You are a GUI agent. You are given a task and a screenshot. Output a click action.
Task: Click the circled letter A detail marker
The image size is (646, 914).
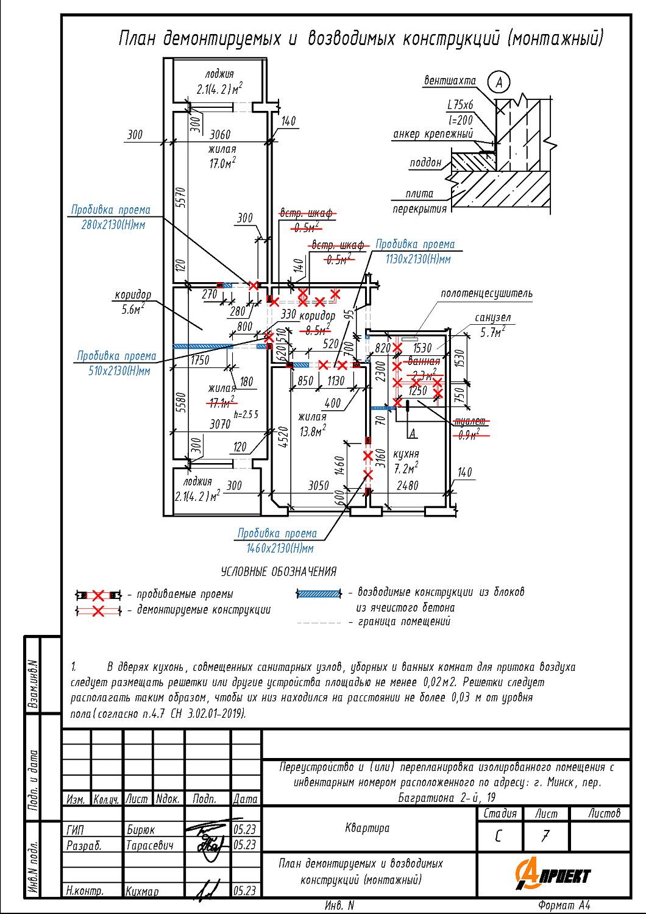pyautogui.click(x=499, y=82)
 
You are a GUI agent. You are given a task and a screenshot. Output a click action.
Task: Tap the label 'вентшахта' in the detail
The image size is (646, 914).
pyautogui.click(x=450, y=80)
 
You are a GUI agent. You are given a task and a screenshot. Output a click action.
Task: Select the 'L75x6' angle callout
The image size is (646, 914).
pyautogui.click(x=460, y=105)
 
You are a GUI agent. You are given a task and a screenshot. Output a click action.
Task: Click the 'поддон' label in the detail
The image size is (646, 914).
pyautogui.click(x=425, y=163)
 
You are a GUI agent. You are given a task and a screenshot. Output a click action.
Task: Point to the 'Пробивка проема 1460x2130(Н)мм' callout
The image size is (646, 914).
pyautogui.click(x=278, y=540)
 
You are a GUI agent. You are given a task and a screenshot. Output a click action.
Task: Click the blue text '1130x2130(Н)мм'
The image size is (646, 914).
pyautogui.click(x=418, y=259)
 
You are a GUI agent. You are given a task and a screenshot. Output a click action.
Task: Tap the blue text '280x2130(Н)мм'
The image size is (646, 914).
pyautogui.click(x=113, y=225)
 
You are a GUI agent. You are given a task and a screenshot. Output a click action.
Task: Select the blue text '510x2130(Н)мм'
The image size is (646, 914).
pyautogui.click(x=119, y=370)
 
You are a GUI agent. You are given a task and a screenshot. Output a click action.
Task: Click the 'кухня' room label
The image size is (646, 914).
pyautogui.click(x=406, y=454)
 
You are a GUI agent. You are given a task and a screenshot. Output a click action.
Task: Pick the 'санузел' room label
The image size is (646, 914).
pyautogui.click(x=492, y=317)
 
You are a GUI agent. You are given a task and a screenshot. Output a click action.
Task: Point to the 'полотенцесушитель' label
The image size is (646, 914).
pyautogui.click(x=486, y=294)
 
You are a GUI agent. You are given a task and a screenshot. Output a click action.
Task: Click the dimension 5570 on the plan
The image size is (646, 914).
pyautogui.click(x=181, y=197)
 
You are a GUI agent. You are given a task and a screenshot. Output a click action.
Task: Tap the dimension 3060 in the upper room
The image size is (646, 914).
pyautogui.click(x=220, y=135)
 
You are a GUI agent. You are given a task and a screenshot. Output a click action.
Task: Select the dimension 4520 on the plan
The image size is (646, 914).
pyautogui.click(x=283, y=437)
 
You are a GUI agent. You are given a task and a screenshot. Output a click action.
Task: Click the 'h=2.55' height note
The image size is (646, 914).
pyautogui.click(x=246, y=414)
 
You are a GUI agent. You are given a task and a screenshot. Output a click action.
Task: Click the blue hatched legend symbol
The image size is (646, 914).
pyautogui.click(x=319, y=593)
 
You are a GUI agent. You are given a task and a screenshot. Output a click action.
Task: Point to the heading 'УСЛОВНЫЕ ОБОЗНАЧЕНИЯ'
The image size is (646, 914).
pyautogui.click(x=279, y=572)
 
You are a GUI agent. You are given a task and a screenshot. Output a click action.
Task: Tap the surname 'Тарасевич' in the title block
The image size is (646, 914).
pyautogui.click(x=149, y=845)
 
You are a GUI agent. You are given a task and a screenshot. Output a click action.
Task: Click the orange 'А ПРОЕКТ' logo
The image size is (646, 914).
pyautogui.click(x=553, y=874)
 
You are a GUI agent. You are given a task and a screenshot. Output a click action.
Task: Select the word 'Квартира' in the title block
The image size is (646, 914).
pyautogui.click(x=367, y=827)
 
